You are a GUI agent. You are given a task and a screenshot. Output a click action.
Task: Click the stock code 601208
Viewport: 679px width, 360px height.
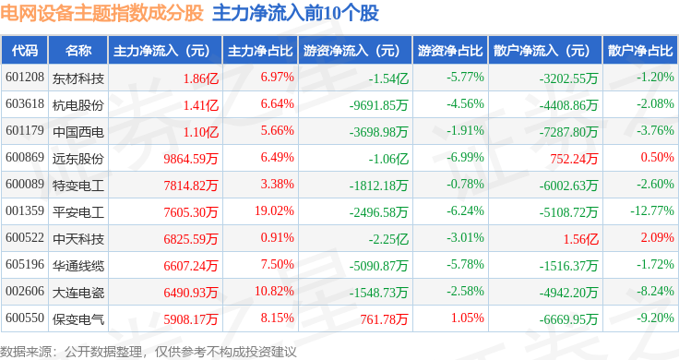pyautogui.click(x=25, y=78)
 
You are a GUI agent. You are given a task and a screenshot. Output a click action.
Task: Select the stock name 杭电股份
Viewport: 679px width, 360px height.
pyautogui.click(x=77, y=105)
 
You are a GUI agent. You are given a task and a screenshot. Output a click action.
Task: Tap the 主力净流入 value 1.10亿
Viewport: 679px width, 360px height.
pyautogui.click(x=200, y=132)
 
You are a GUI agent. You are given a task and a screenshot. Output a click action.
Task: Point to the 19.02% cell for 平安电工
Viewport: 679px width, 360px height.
pyautogui.click(x=274, y=211)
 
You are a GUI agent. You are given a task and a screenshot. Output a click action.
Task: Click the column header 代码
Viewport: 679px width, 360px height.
pyautogui.click(x=25, y=51)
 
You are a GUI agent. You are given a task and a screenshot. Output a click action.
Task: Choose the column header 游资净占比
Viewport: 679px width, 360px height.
pyautogui.click(x=450, y=51)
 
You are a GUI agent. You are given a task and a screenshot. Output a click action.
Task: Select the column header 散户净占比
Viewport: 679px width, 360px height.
pyautogui.click(x=640, y=51)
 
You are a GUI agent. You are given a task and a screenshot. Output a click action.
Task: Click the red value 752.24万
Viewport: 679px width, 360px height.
pyautogui.click(x=574, y=159)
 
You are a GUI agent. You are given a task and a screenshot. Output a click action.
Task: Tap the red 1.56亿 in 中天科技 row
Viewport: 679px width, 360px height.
pyautogui.click(x=580, y=239)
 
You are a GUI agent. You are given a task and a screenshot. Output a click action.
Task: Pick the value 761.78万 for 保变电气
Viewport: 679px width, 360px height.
pyautogui.click(x=384, y=319)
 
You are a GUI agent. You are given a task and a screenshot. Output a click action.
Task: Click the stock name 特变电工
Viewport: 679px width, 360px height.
pyautogui.click(x=77, y=186)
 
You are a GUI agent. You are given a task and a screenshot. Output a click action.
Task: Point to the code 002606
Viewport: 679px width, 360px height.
pyautogui.click(x=25, y=291)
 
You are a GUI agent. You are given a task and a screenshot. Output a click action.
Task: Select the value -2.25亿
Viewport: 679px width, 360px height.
pyautogui.click(x=388, y=239)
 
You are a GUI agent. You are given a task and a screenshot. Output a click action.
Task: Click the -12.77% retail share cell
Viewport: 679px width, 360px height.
pyautogui.click(x=652, y=211)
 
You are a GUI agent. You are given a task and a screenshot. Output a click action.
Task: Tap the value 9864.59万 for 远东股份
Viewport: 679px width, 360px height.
pyautogui.click(x=191, y=159)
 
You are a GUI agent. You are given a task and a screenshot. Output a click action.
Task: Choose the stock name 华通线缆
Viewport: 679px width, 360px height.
pyautogui.click(x=77, y=266)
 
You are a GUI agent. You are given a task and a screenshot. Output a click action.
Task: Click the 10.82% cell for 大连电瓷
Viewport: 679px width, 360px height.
pyautogui.click(x=274, y=291)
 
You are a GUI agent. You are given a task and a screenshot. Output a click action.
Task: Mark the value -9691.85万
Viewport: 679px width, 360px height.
pyautogui.click(x=379, y=105)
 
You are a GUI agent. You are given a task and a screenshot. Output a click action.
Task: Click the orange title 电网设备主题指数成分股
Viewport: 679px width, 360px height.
pyautogui.click(x=101, y=13)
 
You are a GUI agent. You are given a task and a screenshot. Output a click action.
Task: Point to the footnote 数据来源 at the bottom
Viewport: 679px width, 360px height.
pyautogui.click(x=26, y=352)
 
